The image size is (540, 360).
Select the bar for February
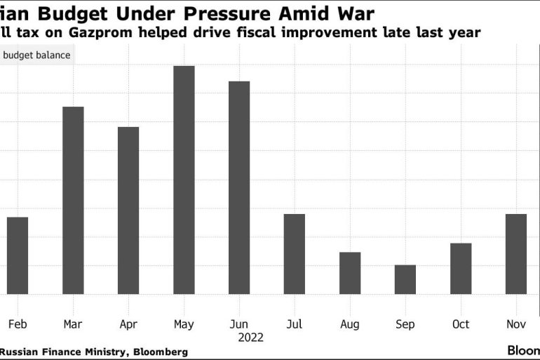coord(18,255)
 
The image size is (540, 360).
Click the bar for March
coord(73,200)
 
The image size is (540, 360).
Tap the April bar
coord(128,211)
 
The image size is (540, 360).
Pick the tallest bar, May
coord(184,180)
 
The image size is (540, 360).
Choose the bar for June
coord(239,187)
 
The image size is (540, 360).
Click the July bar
coord(295,254)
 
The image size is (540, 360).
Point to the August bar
coord(350,273)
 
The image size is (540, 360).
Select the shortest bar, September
coord(405,279)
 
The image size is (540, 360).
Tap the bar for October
coord(461,268)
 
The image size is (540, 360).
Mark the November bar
coord(516,254)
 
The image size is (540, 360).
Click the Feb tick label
coord(18,324)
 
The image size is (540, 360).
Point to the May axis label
coord(184,324)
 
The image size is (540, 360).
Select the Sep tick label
coord(405,324)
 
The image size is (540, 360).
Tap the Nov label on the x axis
coord(516,324)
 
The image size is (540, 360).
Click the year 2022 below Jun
coord(250,338)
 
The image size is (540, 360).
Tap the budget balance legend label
coord(38,55)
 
